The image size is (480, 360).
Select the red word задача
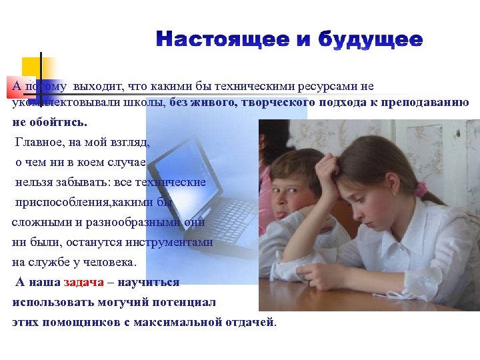pyautogui.click(x=84, y=282)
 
